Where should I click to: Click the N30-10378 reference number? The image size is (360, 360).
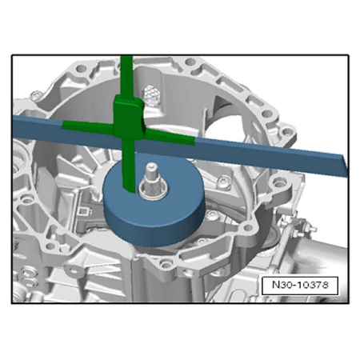pos(300,285)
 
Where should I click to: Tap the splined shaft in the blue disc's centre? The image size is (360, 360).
pos(152,182)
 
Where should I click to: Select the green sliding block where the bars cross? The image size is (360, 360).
pos(129,118)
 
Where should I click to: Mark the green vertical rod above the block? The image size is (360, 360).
pos(126,76)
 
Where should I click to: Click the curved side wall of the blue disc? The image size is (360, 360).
pos(154,226)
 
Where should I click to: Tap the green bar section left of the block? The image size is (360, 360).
pos(88,126)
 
